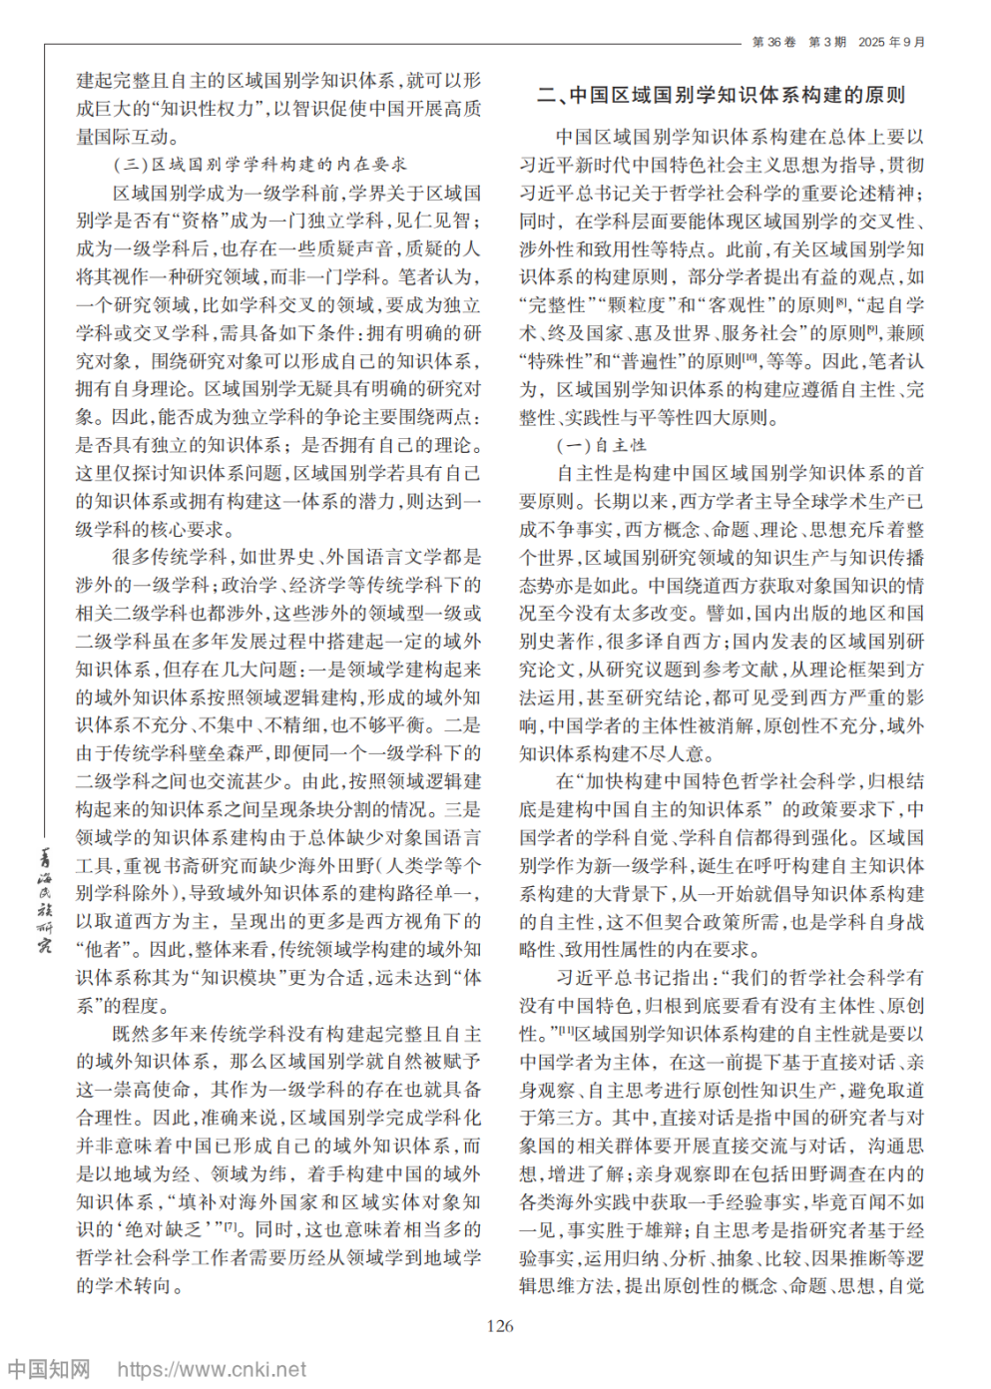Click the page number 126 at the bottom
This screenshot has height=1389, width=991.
pyautogui.click(x=499, y=1325)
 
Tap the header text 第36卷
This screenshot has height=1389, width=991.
pyautogui.click(x=773, y=42)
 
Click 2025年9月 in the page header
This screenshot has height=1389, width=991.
pyautogui.click(x=891, y=42)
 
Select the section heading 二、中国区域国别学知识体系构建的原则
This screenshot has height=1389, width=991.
pyautogui.click(x=721, y=96)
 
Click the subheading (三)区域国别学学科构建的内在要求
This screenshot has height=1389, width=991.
pyautogui.click(x=260, y=164)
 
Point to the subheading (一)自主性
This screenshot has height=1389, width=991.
pyautogui.click(x=601, y=445)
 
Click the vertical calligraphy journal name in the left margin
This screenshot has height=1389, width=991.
pyautogui.click(x=44, y=898)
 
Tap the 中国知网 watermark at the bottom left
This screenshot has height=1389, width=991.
pyautogui.click(x=48, y=1369)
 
